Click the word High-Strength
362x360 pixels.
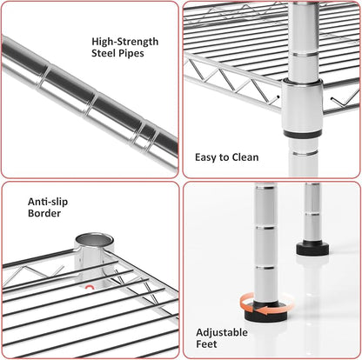[125, 42]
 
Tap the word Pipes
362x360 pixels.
[131, 53]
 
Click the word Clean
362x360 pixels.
[245, 157]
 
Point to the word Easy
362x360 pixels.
[206, 157]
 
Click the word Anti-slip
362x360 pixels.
[48, 202]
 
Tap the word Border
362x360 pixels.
[44, 213]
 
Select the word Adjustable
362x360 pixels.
[222, 332]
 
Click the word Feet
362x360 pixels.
[206, 344]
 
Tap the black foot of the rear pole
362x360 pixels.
[312, 249]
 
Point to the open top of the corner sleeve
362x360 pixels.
[95, 240]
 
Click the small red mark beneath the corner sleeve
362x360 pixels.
[89, 288]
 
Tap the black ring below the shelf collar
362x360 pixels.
[303, 134]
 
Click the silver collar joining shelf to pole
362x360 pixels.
[302, 106]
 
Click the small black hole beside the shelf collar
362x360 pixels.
[278, 97]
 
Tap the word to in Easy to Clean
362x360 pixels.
[225, 158]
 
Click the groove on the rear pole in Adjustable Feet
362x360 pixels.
[312, 214]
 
